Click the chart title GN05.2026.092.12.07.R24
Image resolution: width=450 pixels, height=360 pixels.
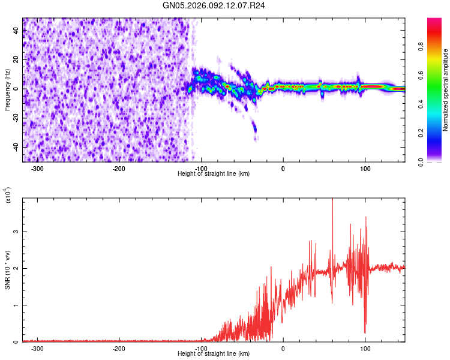click(x=214, y=5)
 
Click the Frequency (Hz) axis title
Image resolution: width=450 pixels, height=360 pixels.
click(x=7, y=90)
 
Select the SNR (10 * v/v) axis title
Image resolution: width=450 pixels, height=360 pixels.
click(x=7, y=270)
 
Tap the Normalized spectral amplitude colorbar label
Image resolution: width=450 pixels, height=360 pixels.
click(x=445, y=90)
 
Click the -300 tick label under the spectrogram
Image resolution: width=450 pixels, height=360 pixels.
click(x=37, y=169)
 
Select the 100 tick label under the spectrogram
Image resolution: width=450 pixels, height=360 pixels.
click(x=365, y=169)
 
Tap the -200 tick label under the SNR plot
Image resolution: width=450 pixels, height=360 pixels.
click(x=119, y=349)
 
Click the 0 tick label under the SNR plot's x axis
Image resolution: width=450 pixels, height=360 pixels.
click(x=283, y=349)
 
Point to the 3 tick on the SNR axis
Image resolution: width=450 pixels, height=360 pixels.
click(x=16, y=231)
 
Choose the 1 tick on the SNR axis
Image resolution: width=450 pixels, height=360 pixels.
click(x=16, y=305)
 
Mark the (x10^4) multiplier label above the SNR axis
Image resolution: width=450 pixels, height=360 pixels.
click(x=8, y=196)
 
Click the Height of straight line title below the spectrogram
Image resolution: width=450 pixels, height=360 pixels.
click(x=214, y=173)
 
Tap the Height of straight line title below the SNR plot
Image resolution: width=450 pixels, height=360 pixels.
click(x=214, y=353)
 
